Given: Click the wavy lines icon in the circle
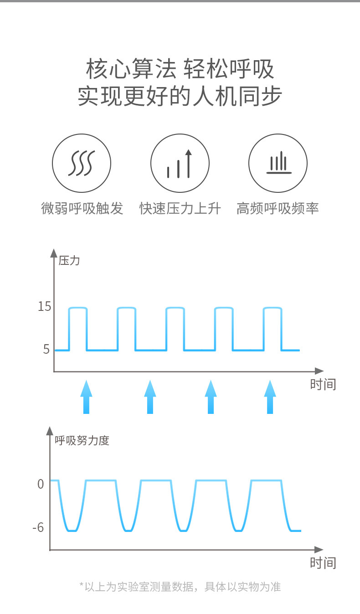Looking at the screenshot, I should pyautogui.click(x=82, y=163).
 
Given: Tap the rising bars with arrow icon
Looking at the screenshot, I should pyautogui.click(x=180, y=163).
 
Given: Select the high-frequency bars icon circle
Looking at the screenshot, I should pyautogui.click(x=278, y=163).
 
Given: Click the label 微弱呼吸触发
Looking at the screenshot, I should pyautogui.click(x=82, y=208).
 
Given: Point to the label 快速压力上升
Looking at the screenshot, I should pyautogui.click(x=180, y=208).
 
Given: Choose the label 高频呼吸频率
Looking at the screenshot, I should pyautogui.click(x=278, y=208).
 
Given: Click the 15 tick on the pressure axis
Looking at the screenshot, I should pyautogui.click(x=45, y=306).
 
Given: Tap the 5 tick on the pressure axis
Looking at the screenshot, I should pyautogui.click(x=46, y=349).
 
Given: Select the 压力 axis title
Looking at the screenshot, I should pyautogui.click(x=69, y=261).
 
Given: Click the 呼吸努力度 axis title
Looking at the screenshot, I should pyautogui.click(x=82, y=441).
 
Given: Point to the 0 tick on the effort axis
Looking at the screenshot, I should pyautogui.click(x=41, y=484).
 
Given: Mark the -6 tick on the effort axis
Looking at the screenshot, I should pyautogui.click(x=38, y=528).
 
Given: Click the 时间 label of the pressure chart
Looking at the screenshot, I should pyautogui.click(x=323, y=384).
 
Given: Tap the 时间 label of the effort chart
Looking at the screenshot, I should pyautogui.click(x=323, y=563).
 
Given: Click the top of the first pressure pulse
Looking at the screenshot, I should pyautogui.click(x=77, y=308).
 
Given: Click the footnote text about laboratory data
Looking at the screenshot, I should pyautogui.click(x=180, y=587).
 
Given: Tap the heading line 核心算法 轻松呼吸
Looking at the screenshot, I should pyautogui.click(x=180, y=69).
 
